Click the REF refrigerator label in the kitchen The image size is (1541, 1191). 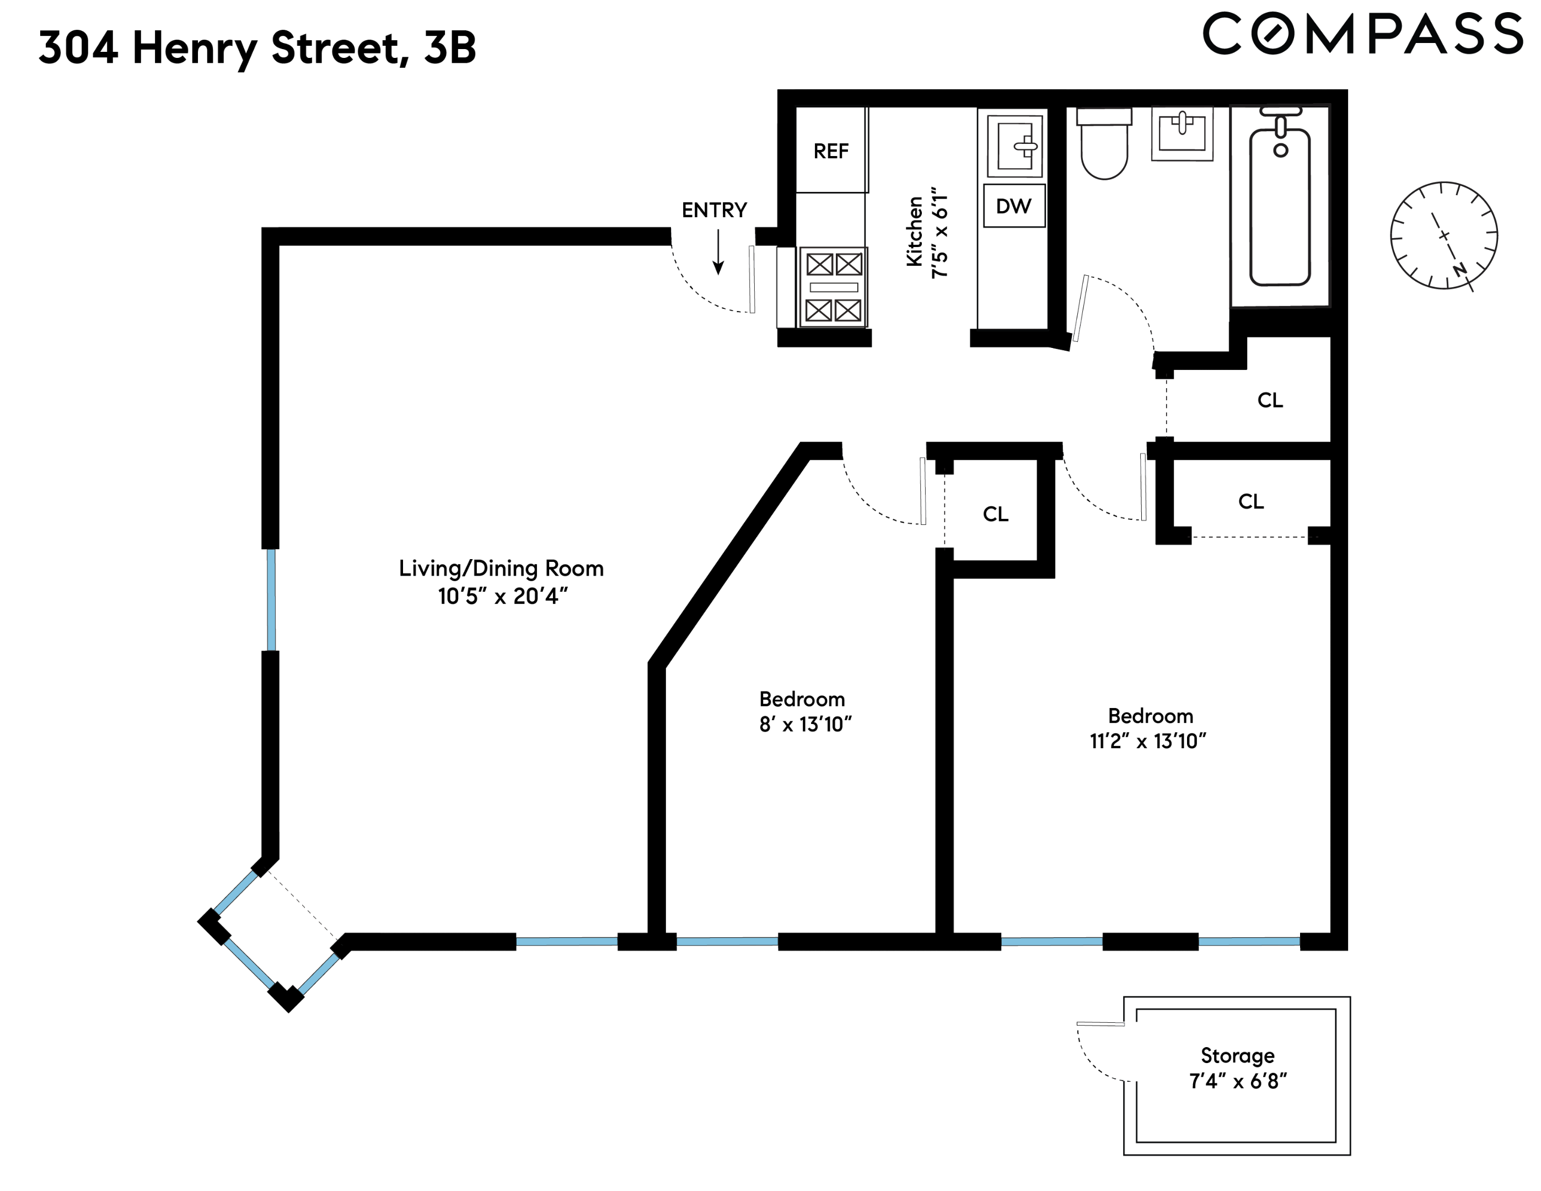[x=830, y=151]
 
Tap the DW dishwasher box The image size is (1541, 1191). [x=1013, y=206]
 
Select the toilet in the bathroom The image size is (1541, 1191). [x=1104, y=144]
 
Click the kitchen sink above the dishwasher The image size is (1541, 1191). [x=1014, y=147]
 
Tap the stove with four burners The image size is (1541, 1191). [x=833, y=287]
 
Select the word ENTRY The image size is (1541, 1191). [x=713, y=210]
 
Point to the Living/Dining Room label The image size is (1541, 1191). [x=501, y=568]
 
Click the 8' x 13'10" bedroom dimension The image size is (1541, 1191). [x=805, y=725]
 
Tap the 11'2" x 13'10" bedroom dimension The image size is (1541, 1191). [x=1147, y=741]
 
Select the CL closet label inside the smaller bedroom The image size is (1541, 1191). [x=995, y=514]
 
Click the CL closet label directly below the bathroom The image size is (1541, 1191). [x=1269, y=400]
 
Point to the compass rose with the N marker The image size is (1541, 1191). [x=1443, y=235]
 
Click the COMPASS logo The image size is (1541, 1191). [x=1362, y=34]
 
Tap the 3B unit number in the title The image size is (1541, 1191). [x=449, y=48]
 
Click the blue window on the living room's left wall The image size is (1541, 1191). [x=271, y=600]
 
